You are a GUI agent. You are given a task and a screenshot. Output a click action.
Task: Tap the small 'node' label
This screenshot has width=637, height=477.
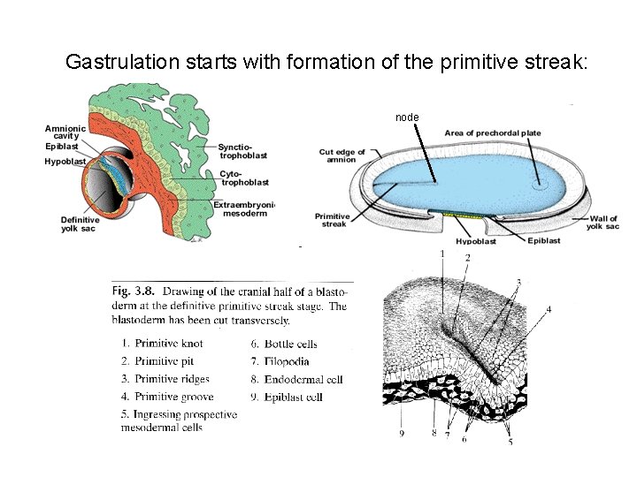[407, 117]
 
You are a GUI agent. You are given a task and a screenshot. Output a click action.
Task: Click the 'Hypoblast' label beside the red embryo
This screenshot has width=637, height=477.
[65, 162]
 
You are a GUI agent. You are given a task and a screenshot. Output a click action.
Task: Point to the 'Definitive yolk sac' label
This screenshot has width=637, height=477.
[81, 225]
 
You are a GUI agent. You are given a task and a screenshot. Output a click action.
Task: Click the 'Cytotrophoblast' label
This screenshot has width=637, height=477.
[244, 178]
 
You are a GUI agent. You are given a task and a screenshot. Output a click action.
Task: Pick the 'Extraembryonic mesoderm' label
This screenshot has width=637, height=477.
[244, 209]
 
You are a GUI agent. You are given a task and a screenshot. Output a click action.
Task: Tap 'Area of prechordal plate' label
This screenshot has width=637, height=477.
[493, 133]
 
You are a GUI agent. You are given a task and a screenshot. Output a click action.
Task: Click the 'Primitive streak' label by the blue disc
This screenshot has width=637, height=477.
[332, 220]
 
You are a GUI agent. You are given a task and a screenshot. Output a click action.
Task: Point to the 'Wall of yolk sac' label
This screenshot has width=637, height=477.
[602, 221]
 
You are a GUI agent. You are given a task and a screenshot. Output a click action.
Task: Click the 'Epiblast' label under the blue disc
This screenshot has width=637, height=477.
[543, 240]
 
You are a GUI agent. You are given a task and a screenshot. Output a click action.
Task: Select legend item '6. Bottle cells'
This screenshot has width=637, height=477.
[284, 344]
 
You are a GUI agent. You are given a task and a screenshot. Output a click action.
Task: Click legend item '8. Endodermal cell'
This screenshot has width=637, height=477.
[296, 379]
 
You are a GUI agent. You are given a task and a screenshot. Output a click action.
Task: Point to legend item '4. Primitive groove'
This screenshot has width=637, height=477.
[167, 397]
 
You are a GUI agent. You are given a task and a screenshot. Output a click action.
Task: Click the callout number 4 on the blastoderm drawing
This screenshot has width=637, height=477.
[549, 309]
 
